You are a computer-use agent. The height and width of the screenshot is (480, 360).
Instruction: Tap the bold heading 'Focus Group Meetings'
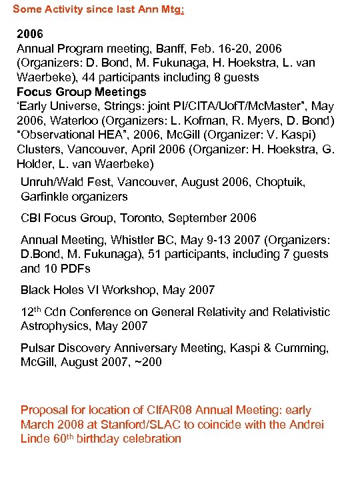click(x=81, y=92)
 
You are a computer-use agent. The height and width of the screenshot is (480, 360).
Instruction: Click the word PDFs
click(x=77, y=269)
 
